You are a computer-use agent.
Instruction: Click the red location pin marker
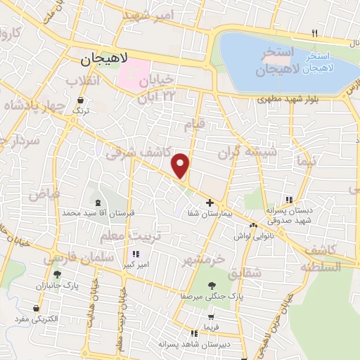pyautogui.click(x=181, y=165)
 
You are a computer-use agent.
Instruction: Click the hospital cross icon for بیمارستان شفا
pyautogui.click(x=210, y=202)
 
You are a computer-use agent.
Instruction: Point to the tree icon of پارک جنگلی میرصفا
pyautogui.click(x=212, y=285)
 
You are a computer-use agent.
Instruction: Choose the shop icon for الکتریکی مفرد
pyautogui.click(x=36, y=308)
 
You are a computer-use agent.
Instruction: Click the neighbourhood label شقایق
pyautogui.click(x=247, y=271)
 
